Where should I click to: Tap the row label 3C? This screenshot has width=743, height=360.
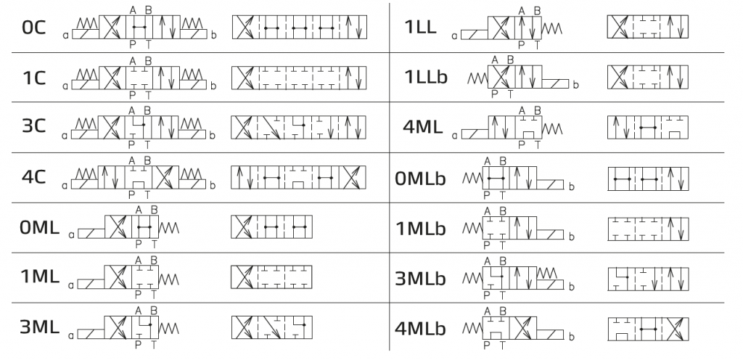click(34, 126)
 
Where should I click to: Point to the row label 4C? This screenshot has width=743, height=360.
click(34, 176)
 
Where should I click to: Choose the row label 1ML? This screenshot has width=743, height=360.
click(39, 277)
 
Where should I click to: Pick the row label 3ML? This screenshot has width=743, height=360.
click(39, 327)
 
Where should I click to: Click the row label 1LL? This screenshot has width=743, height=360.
click(420, 28)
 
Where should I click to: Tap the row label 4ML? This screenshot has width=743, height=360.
click(422, 126)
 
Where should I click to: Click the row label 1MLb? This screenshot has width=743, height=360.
click(421, 227)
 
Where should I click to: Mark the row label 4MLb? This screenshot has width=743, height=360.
click(421, 328)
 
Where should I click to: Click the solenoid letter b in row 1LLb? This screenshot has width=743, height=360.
click(575, 86)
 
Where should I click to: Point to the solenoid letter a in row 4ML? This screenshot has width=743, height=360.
click(455, 135)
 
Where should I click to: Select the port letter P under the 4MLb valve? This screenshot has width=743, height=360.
click(486, 345)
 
